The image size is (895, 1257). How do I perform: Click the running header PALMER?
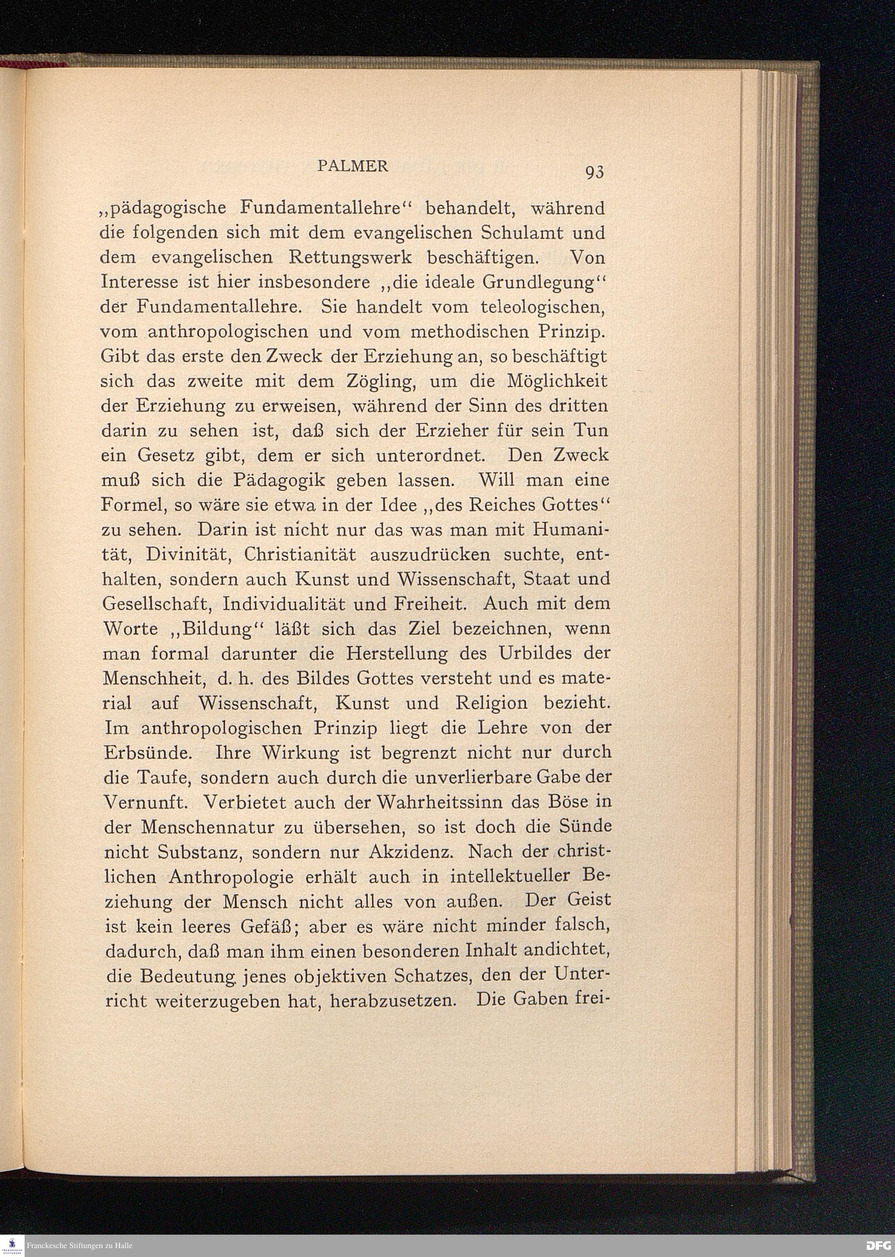[x=353, y=166]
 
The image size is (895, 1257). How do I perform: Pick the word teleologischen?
[x=542, y=307]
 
